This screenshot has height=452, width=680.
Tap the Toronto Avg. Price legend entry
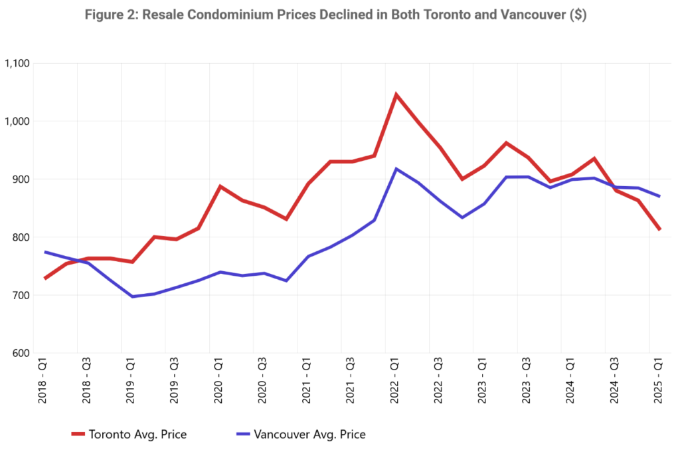[129, 435]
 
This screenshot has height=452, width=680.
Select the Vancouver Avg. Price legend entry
[300, 435]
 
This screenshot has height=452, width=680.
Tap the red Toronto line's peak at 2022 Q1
[396, 94]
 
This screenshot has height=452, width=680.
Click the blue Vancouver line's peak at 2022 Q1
[396, 169]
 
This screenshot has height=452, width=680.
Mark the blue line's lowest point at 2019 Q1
[132, 296]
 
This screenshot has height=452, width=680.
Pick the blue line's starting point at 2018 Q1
[44, 252]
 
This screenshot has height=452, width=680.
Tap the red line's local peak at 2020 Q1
[220, 187]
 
